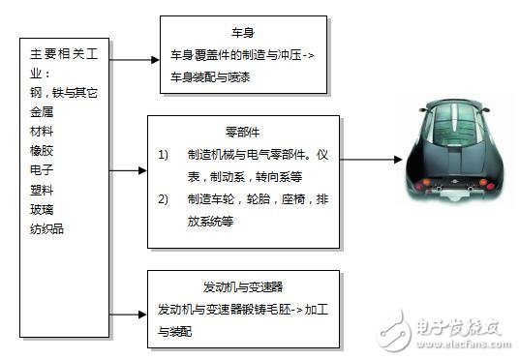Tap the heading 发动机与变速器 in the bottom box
242,287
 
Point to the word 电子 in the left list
43,169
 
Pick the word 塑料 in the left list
43,190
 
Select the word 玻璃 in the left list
43,209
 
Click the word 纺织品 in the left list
48,229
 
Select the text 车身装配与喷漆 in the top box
210,75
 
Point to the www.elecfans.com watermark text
463,344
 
